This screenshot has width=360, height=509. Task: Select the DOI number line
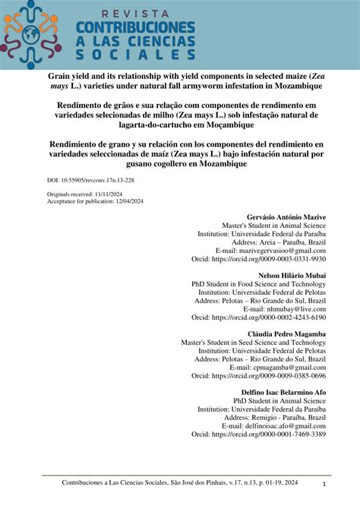(92, 182)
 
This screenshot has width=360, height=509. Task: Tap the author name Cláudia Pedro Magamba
(286, 334)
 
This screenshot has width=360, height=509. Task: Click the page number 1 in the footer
(324, 484)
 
